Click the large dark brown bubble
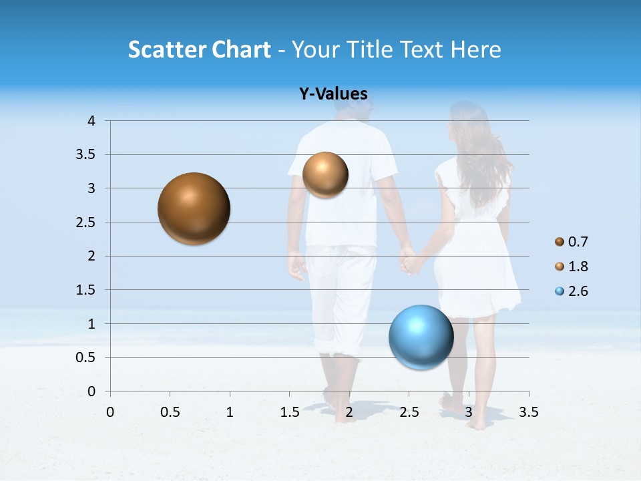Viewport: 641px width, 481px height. click(194, 208)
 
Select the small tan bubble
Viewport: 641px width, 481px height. click(325, 174)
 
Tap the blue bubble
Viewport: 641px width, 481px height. click(421, 337)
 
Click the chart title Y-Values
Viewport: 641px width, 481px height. click(333, 94)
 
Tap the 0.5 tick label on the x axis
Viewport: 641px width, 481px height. click(170, 412)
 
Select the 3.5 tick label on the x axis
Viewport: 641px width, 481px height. click(528, 412)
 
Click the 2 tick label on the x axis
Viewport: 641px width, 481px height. click(349, 412)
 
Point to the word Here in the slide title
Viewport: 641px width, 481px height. click(475, 49)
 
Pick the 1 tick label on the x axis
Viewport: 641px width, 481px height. click(230, 412)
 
